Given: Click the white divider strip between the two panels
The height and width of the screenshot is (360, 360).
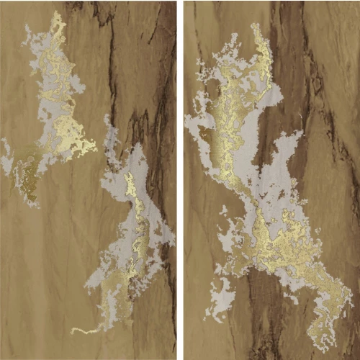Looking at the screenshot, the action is coord(180,180).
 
